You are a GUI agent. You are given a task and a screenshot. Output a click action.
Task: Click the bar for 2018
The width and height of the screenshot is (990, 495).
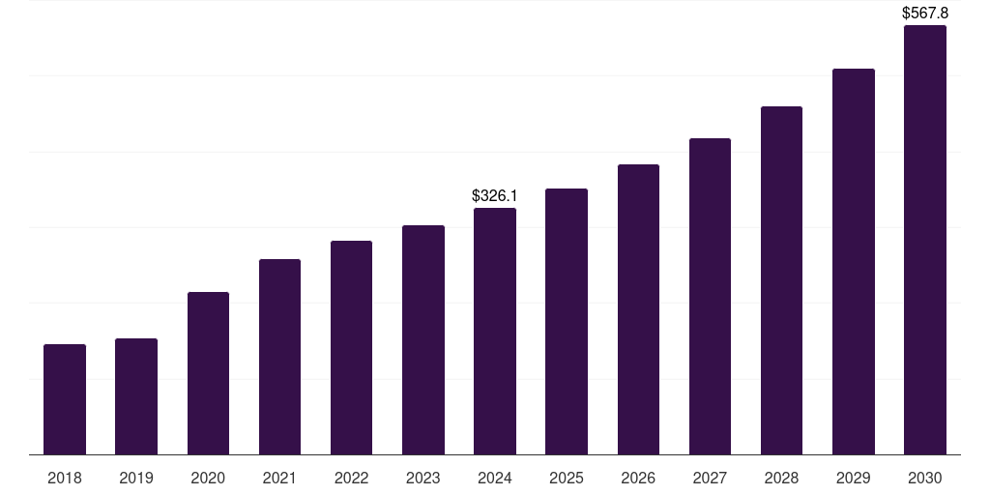(65, 399)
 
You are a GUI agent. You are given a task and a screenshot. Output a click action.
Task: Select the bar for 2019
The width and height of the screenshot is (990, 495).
(136, 396)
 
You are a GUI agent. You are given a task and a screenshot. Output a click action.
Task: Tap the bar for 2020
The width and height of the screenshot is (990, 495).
(208, 373)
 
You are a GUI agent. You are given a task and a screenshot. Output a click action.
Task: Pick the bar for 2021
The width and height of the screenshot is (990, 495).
(279, 357)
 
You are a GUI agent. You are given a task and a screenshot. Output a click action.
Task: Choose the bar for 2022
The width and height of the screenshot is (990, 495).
(351, 348)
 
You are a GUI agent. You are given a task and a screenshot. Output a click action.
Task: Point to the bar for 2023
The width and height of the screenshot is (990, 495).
(423, 340)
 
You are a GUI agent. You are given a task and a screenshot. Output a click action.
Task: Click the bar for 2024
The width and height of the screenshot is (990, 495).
(495, 332)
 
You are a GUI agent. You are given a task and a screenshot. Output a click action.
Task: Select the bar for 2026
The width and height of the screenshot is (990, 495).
(638, 309)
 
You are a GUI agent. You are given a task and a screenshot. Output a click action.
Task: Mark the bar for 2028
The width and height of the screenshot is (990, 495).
(781, 280)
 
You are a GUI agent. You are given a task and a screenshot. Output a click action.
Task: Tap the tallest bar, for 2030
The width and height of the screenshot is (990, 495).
(924, 240)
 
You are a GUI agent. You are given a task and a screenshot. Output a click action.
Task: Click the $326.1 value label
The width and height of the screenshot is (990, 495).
(494, 196)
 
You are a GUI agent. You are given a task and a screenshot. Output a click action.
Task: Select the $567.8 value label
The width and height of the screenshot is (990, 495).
(924, 14)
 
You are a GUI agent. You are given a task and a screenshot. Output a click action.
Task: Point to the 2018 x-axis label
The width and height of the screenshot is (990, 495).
(65, 478)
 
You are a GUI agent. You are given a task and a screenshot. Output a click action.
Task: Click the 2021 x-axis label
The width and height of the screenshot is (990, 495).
(279, 478)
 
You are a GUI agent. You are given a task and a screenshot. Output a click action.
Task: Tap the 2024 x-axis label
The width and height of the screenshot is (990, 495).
(495, 478)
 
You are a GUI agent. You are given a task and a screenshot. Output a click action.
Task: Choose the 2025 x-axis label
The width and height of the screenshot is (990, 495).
(567, 478)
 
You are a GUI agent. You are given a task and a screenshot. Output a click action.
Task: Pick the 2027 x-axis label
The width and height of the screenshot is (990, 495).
(710, 478)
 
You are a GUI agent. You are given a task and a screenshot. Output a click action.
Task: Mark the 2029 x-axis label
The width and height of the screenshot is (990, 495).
(853, 478)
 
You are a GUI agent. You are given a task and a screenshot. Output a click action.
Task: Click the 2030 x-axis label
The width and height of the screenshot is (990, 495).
(924, 478)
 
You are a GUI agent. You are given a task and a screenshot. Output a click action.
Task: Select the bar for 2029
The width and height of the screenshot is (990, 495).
(853, 262)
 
